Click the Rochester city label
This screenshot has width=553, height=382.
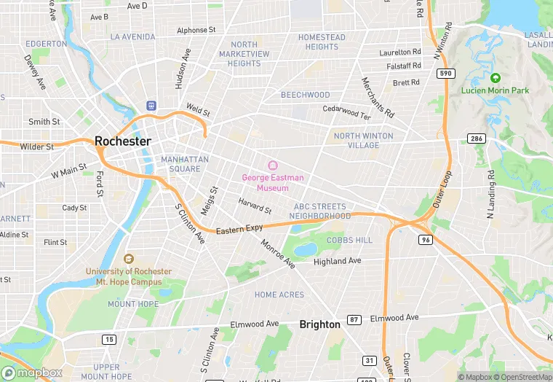tap(123, 141)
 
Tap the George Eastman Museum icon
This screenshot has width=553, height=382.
tap(273, 165)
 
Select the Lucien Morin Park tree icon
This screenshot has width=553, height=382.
tap(496, 78)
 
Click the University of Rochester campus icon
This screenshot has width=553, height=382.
tap(129, 259)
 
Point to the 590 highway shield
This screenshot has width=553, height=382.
tap(445, 74)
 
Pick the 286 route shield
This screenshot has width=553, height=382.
tap(476, 139)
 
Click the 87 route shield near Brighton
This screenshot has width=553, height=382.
tap(354, 319)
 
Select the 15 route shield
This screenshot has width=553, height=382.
tap(108, 339)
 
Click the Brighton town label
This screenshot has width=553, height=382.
tap(319, 324)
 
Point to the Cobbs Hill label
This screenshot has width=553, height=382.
tap(349, 240)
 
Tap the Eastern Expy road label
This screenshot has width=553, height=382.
tap(239, 230)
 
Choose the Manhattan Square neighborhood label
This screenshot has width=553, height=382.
tap(185, 164)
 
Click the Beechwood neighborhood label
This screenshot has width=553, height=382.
tap(306, 95)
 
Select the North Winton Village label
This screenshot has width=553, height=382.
tap(363, 141)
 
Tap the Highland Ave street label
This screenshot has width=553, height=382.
tap(337, 261)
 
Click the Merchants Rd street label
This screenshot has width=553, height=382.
tap(378, 98)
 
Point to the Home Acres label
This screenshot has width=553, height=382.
tap(279, 295)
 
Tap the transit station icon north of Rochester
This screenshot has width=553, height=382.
tap(151, 106)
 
